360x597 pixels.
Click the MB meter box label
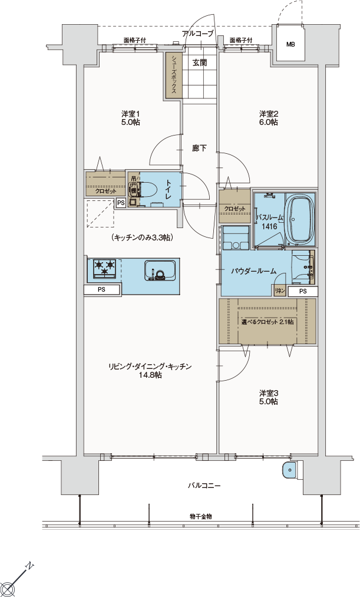coord(290,45)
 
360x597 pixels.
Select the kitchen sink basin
coord(160,271)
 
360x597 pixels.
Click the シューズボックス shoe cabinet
coord(174,75)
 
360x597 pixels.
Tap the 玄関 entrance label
coord(199,63)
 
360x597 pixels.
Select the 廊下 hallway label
coord(199,148)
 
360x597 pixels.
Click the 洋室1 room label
coord(131,118)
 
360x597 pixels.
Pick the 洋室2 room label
coord(269,118)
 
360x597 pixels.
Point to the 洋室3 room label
coord(269,397)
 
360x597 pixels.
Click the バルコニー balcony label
coord(204,486)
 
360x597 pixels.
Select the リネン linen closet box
coord(280,291)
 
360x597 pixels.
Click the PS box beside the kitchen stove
coord(101,289)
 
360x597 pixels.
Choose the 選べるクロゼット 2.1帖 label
coord(267,322)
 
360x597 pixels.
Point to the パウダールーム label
coord(254,272)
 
